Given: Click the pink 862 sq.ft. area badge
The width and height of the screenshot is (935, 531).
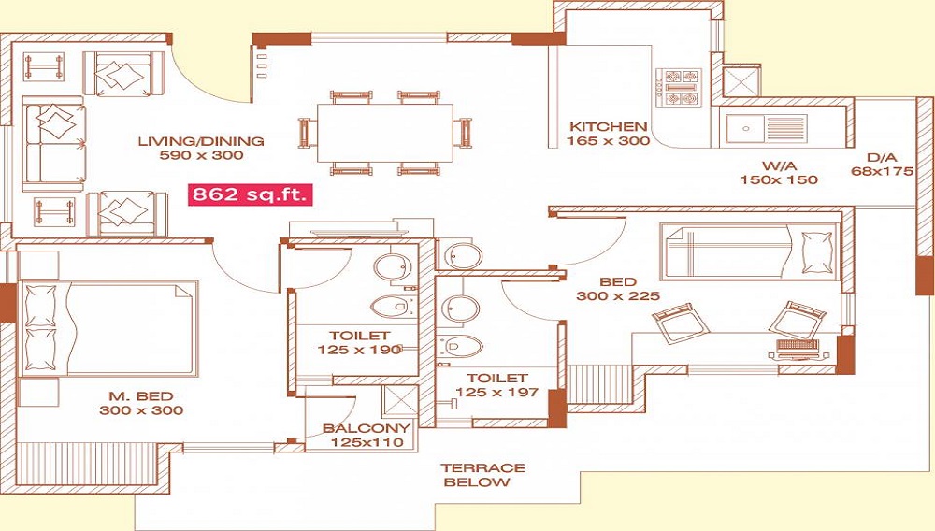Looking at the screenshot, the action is [x=251, y=194].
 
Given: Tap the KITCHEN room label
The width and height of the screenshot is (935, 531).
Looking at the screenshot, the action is [x=609, y=126].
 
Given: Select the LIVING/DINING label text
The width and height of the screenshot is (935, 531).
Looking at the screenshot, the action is [x=201, y=141].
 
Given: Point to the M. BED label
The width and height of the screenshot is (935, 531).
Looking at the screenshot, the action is [x=141, y=395].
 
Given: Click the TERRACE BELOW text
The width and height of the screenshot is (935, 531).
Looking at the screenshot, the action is [x=482, y=475].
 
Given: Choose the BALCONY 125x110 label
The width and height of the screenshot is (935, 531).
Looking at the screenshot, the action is [x=367, y=435].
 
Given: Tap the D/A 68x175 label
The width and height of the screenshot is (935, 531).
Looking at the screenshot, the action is [x=882, y=165].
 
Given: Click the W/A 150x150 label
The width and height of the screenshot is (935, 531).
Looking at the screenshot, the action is [x=779, y=173].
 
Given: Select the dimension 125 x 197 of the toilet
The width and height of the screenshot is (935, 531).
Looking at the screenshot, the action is [x=496, y=392].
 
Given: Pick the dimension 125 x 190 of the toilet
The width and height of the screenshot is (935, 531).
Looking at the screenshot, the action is [x=359, y=350].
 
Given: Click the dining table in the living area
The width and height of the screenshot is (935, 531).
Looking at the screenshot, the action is [x=384, y=133].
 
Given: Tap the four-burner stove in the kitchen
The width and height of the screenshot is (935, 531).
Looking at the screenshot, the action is [x=679, y=87].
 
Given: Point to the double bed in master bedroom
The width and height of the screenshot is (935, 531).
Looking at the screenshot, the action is [x=108, y=329].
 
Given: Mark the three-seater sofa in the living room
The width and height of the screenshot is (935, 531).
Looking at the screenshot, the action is [x=53, y=144].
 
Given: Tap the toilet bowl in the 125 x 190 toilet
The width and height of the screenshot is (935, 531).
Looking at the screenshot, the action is [x=389, y=308].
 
